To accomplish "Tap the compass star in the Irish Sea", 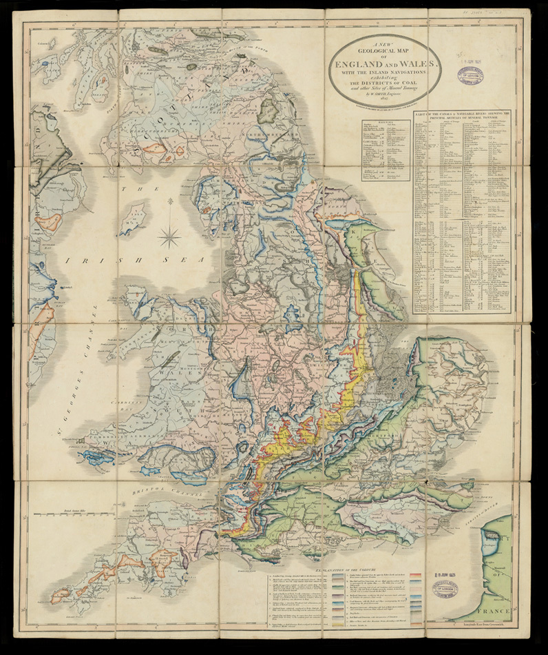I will click(169, 236).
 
